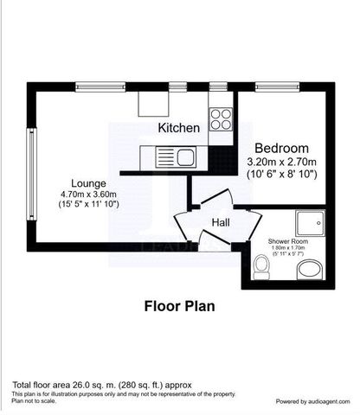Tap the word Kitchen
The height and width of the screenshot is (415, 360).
click(179, 128)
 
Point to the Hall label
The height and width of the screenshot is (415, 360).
click(220, 223)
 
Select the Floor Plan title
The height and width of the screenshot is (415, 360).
click(179, 305)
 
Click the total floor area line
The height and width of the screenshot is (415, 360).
click(101, 384)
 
